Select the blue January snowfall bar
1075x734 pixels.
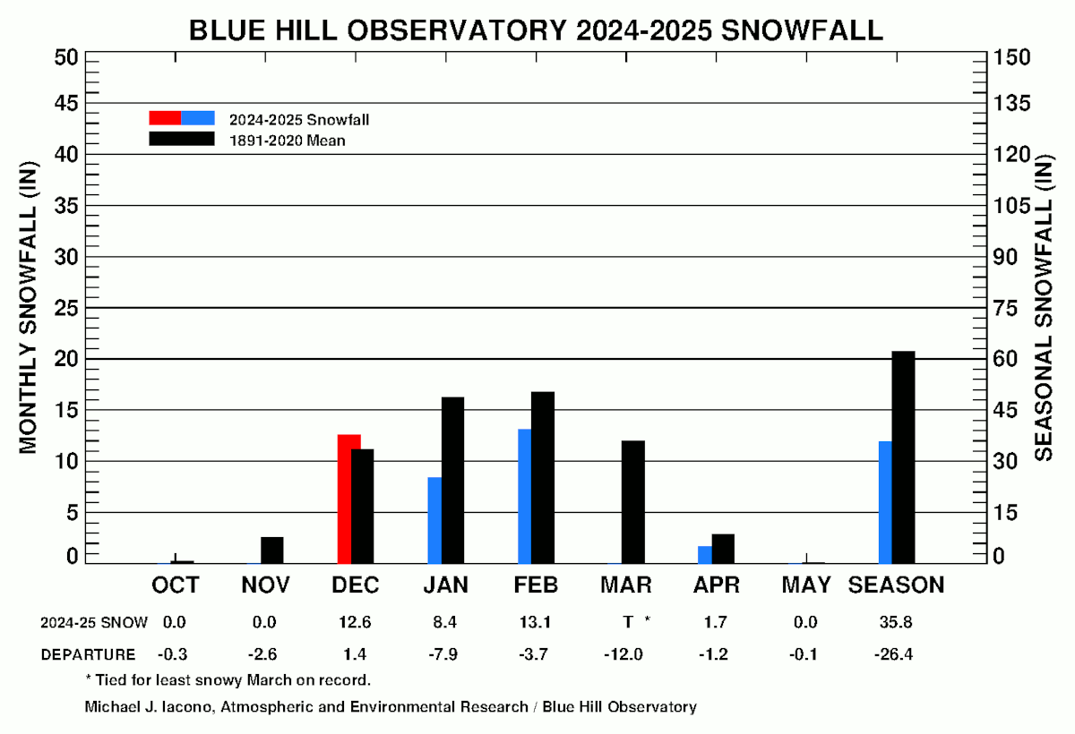click(434, 520)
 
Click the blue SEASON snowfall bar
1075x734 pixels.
click(885, 502)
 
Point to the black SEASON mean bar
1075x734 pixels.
click(903, 457)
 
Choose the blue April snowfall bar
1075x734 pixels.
click(705, 555)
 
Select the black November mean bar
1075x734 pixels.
click(272, 550)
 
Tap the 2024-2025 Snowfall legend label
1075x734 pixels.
click(299, 119)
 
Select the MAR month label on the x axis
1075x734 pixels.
click(627, 585)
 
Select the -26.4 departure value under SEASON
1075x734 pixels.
click(893, 654)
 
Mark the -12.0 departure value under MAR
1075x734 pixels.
click(623, 654)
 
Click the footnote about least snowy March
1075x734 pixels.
click(228, 679)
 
